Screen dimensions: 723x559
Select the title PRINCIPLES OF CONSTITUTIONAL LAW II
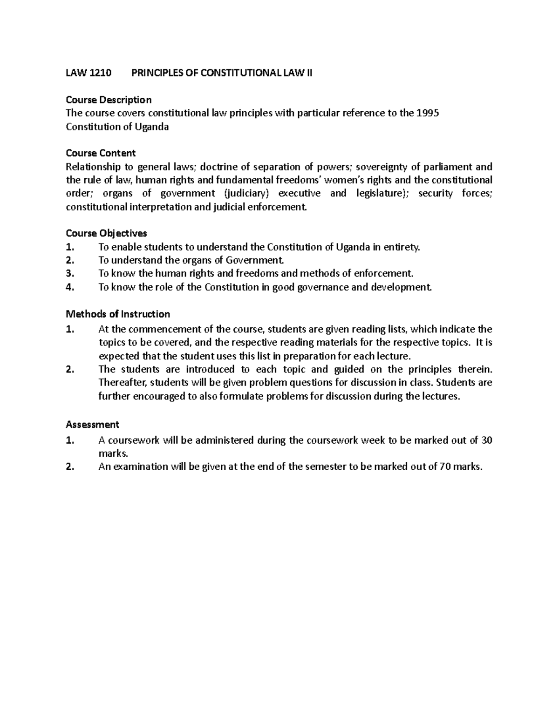(222, 73)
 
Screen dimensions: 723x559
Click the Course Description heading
(109, 100)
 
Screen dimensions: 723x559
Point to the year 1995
(428, 113)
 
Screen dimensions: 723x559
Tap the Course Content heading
(101, 153)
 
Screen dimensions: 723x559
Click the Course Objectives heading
(106, 233)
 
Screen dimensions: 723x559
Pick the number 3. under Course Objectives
(70, 274)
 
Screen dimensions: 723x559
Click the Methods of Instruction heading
(118, 314)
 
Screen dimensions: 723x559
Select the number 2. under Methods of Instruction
(70, 370)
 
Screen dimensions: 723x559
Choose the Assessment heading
(92, 425)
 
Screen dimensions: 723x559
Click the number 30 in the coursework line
(486, 440)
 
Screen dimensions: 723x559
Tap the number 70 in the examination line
(445, 467)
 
